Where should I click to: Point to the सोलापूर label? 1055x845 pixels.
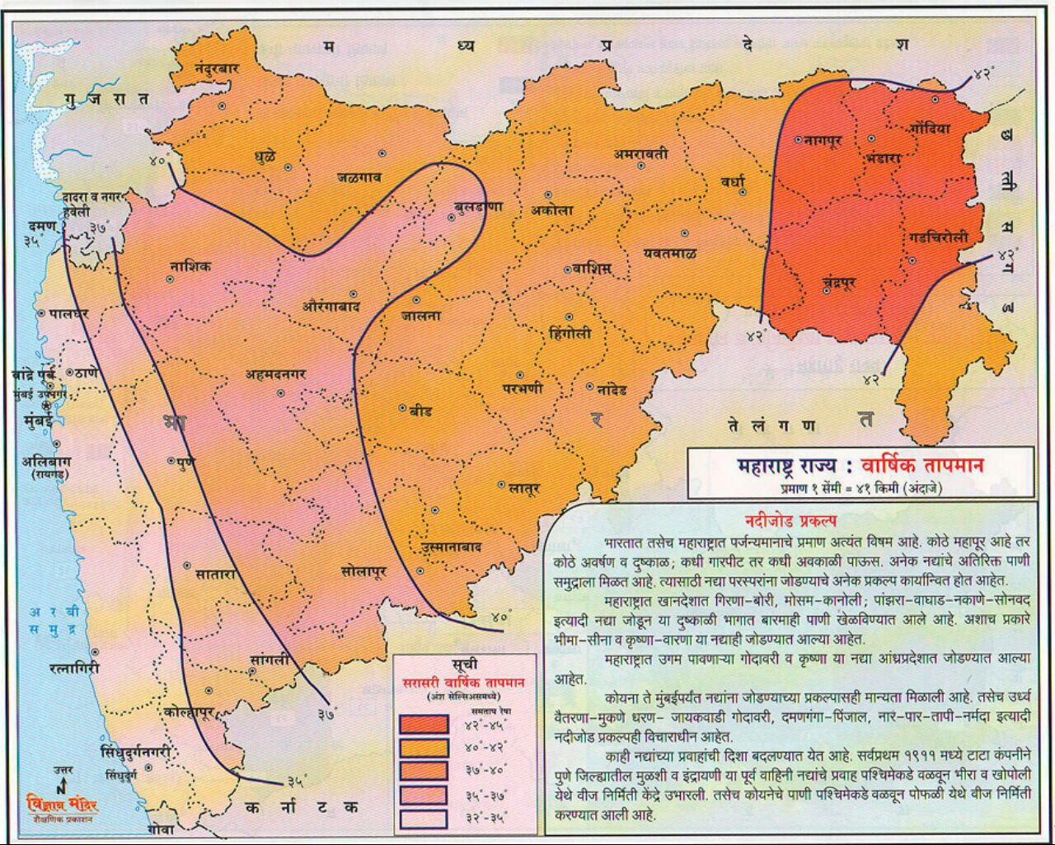pyautogui.click(x=363, y=570)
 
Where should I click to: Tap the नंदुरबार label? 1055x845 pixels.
pyautogui.click(x=217, y=68)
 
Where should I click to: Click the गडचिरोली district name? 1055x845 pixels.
pyautogui.click(x=945, y=238)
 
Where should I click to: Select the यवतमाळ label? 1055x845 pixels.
pyautogui.click(x=670, y=253)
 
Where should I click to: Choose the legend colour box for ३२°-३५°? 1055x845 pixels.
pyautogui.click(x=424, y=819)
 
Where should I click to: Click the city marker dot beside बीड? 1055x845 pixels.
pyautogui.click(x=402, y=408)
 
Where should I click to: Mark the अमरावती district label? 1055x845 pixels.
pyautogui.click(x=640, y=154)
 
